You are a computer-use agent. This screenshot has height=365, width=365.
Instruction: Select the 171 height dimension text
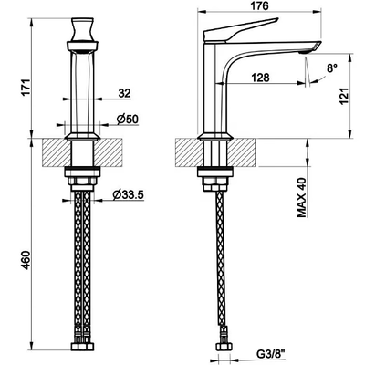point(26,88)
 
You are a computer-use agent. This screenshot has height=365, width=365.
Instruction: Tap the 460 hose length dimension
point(26,260)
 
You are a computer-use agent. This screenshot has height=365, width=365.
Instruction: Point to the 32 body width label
point(124,93)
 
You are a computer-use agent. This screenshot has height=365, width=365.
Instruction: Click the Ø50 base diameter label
point(128,120)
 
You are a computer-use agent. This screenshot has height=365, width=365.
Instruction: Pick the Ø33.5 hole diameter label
point(128,195)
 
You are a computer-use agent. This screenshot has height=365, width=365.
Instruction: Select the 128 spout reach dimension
point(261,78)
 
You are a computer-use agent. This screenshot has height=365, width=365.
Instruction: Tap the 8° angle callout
point(332,68)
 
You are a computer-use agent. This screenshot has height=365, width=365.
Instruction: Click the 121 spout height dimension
point(343,97)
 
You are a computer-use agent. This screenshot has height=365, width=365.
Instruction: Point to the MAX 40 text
point(302,197)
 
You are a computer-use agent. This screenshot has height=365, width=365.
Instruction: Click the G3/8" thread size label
point(270,355)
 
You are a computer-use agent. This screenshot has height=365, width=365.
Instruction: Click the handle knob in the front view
point(82,29)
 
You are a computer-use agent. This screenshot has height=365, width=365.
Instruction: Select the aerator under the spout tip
point(304,53)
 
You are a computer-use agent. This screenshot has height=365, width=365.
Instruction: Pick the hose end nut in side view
point(224,347)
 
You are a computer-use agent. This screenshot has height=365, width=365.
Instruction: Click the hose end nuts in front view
point(82,347)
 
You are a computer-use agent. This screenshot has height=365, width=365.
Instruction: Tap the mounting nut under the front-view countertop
point(82,180)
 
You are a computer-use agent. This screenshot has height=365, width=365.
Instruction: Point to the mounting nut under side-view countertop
point(215,180)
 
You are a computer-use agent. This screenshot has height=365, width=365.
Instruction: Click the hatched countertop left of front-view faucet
point(57,152)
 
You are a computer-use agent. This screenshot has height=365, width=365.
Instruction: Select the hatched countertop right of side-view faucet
point(241,152)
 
